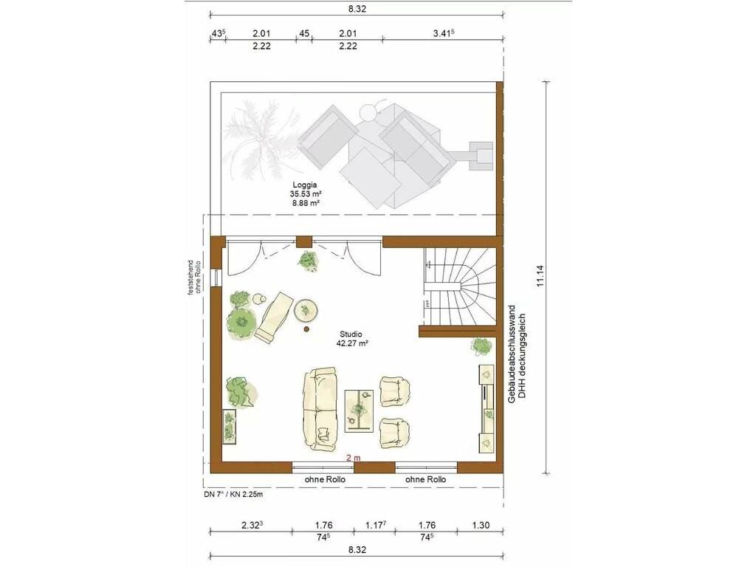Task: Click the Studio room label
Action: point(351,334)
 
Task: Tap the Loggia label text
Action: point(305,184)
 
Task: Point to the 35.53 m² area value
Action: point(305,194)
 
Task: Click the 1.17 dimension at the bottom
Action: point(374,525)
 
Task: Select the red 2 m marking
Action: point(353,458)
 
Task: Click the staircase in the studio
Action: point(459,287)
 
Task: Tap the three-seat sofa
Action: point(320,409)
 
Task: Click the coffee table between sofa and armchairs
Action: point(360,410)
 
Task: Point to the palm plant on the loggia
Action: point(261,142)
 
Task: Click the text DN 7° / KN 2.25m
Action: point(233,494)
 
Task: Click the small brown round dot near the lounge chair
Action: point(306,329)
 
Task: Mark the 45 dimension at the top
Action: point(304,34)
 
